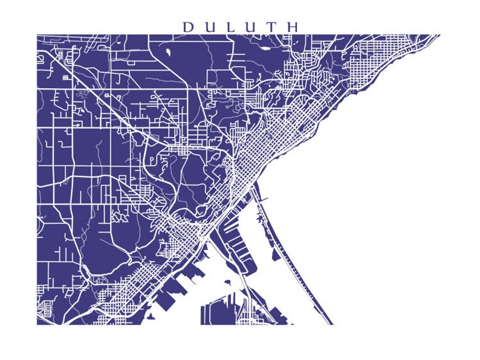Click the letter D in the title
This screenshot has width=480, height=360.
point(188,27)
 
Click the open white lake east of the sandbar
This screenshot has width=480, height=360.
point(375,211)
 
